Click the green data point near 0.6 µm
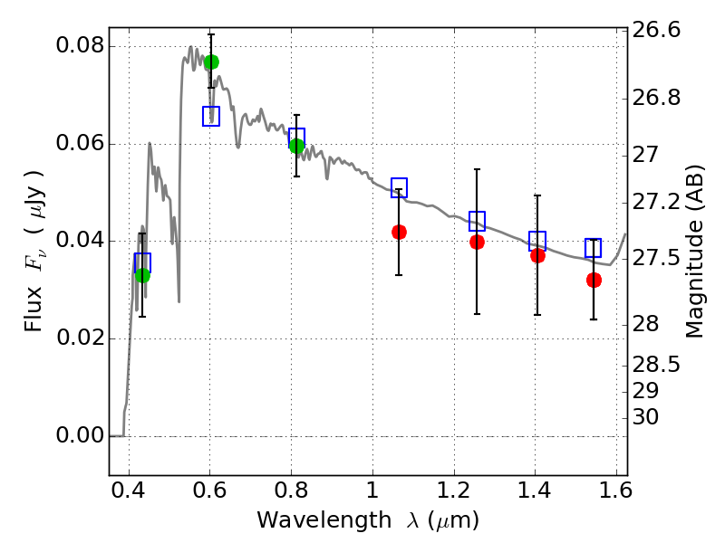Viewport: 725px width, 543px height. point(211,62)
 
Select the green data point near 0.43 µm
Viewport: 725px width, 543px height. point(142,276)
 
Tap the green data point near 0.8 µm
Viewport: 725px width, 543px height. point(296,147)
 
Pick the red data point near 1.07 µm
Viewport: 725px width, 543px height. point(399,232)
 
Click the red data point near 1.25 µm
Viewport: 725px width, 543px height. point(477,242)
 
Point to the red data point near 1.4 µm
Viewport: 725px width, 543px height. point(537,255)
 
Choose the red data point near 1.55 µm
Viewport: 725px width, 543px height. point(594,280)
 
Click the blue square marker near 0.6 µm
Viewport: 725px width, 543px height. point(211,116)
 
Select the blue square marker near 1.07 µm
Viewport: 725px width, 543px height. point(399,187)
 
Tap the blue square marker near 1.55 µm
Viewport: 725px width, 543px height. point(594,248)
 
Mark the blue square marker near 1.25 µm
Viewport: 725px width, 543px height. point(477,221)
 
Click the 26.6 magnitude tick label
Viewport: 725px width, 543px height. point(656,30)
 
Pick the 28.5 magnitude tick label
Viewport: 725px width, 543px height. point(656,365)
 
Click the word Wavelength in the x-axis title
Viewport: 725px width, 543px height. point(324,520)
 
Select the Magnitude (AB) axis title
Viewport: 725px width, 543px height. point(694,252)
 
